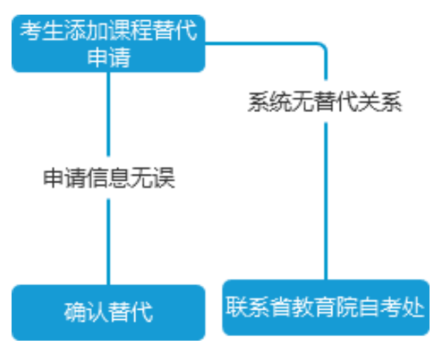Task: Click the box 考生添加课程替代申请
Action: [108, 43]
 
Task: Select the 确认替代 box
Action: [108, 312]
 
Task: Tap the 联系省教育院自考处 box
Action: [326, 307]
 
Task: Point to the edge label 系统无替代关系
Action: [325, 101]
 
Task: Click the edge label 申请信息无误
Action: [109, 178]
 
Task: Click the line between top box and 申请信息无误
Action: [108, 114]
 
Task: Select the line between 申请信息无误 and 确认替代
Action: [108, 242]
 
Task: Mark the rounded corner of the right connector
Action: [323, 46]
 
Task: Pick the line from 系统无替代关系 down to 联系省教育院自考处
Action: [326, 201]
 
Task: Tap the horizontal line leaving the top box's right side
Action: [261, 43]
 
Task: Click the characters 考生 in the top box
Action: [42, 30]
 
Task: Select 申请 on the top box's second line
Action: [109, 57]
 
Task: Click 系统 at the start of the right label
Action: [270, 101]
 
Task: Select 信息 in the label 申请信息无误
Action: [109, 178]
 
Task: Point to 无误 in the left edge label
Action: [153, 178]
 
